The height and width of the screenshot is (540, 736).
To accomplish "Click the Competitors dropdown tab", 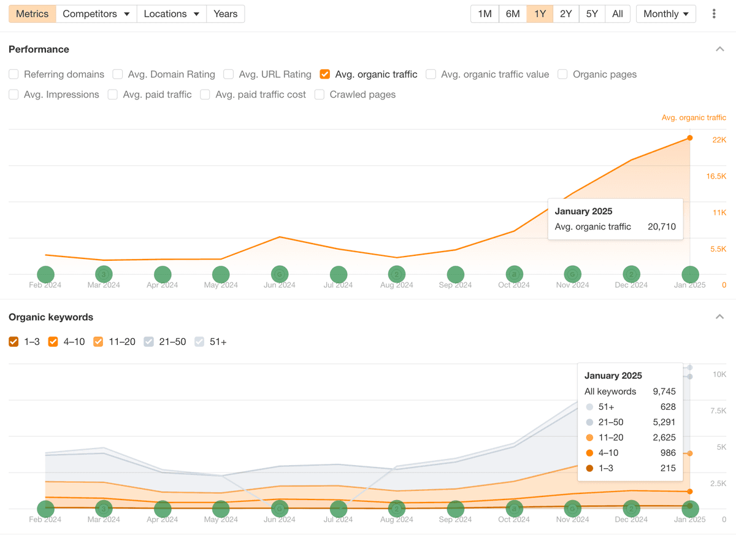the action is (x=96, y=13).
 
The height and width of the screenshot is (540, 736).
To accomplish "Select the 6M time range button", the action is (x=513, y=13).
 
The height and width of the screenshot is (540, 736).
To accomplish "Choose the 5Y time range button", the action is (x=592, y=13).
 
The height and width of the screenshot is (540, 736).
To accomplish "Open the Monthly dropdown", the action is (x=665, y=13).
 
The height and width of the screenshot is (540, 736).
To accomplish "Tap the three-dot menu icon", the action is (x=714, y=13).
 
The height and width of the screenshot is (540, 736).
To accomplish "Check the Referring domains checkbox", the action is (x=13, y=74).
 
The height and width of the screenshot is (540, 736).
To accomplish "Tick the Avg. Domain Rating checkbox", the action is (x=117, y=74).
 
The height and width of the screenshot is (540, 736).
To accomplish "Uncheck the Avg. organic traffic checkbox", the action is (x=324, y=74).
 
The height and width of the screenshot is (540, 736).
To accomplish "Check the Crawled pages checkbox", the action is (x=320, y=94).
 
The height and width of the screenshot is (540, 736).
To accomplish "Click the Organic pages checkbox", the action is (x=562, y=74).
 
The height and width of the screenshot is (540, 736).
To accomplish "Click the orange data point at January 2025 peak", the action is (x=689, y=138).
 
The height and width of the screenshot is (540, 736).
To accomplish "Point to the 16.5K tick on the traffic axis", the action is (x=716, y=176).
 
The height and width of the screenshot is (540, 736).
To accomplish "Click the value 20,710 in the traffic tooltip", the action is (x=662, y=226).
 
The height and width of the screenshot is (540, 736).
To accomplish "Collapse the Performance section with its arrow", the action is (x=720, y=49).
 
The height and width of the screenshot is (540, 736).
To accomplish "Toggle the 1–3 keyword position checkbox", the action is (x=13, y=342).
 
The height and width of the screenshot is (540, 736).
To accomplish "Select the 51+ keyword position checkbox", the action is (x=199, y=342).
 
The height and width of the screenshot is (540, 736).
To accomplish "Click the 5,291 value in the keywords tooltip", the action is (x=664, y=422).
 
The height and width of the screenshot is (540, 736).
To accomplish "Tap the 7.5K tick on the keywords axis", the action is (x=718, y=411).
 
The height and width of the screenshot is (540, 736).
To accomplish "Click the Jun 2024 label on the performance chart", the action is (x=279, y=285).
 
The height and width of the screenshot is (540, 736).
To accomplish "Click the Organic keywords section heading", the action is (x=51, y=317).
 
